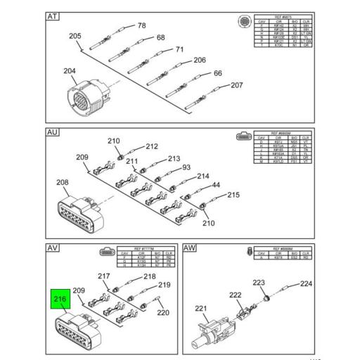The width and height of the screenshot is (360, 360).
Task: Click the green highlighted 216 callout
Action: pyautogui.click(x=60, y=301)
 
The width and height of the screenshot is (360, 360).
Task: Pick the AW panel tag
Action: pyautogui.click(x=191, y=247)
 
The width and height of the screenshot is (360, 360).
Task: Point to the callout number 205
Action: pyautogui.click(x=75, y=36)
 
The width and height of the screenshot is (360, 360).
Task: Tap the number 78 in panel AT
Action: pyautogui.click(x=141, y=26)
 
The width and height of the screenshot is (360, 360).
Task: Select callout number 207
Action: pyautogui.click(x=237, y=86)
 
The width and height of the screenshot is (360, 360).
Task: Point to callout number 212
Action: pyautogui.click(x=152, y=147)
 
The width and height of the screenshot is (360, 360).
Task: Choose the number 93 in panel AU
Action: pyautogui.click(x=186, y=167)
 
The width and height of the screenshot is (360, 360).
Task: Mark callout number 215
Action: pyautogui.click(x=233, y=195)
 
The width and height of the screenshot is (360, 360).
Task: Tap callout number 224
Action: pyautogui.click(x=306, y=285)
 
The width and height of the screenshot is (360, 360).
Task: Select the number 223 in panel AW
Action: pyautogui.click(x=259, y=283)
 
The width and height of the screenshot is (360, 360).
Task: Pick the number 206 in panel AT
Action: pyautogui.click(x=200, y=60)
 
